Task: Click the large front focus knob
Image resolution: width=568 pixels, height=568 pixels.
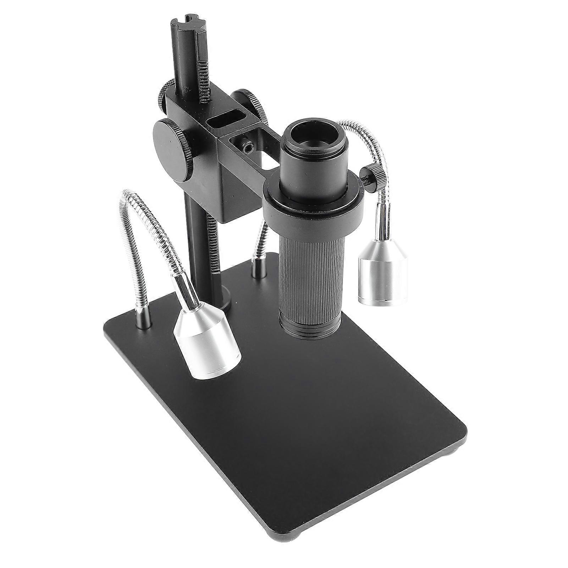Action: click(173, 146)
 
